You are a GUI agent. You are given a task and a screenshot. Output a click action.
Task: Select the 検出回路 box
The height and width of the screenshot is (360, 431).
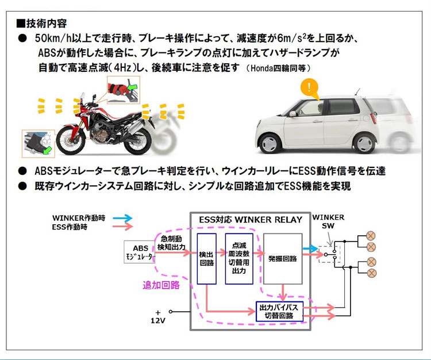click(x=206, y=258)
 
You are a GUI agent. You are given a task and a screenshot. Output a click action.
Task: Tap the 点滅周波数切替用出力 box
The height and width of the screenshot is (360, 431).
click(x=239, y=258)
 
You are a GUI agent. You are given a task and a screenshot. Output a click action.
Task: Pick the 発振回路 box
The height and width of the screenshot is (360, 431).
click(x=282, y=258)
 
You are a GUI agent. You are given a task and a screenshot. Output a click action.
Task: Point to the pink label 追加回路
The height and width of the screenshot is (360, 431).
click(x=161, y=285)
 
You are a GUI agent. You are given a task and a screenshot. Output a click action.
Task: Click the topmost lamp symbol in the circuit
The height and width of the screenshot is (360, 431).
click(x=371, y=236)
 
